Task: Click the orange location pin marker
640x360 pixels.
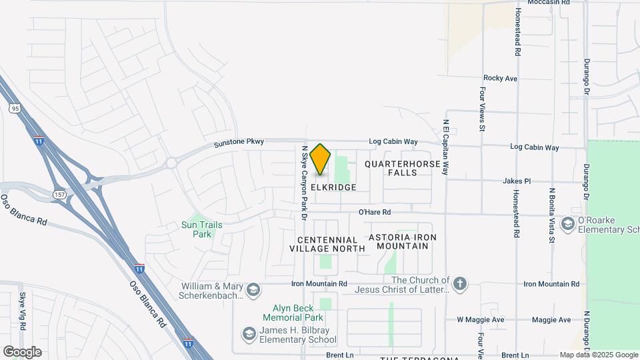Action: tap(320, 159)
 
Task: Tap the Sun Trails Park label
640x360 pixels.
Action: tap(203, 229)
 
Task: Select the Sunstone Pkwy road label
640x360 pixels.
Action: tap(239, 142)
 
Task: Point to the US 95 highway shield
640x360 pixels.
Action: tap(15, 107)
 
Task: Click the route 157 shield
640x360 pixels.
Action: tap(59, 193)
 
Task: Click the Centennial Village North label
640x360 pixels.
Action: tap(327, 244)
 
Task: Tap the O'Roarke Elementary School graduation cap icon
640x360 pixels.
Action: tap(568, 223)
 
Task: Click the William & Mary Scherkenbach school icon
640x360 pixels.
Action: tap(253, 289)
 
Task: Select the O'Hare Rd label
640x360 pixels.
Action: tap(374, 212)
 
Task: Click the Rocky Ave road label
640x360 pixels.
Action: tap(500, 78)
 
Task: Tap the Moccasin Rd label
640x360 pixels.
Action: tap(548, 3)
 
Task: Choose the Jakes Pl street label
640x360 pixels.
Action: tap(517, 181)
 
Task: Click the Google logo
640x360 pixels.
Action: tap(22, 352)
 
